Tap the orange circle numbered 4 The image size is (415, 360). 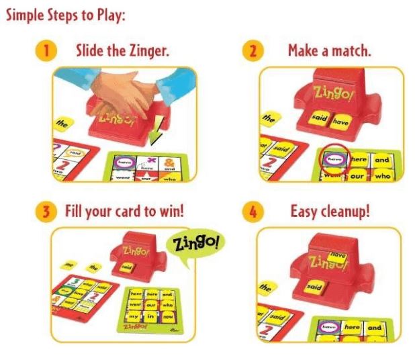(253, 211)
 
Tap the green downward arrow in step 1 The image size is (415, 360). (158, 134)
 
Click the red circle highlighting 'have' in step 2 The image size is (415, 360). (332, 160)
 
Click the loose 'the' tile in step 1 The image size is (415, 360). (62, 124)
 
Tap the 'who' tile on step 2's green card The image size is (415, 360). (382, 175)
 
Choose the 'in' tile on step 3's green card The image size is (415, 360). (152, 315)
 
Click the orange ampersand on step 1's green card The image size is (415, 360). (170, 161)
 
